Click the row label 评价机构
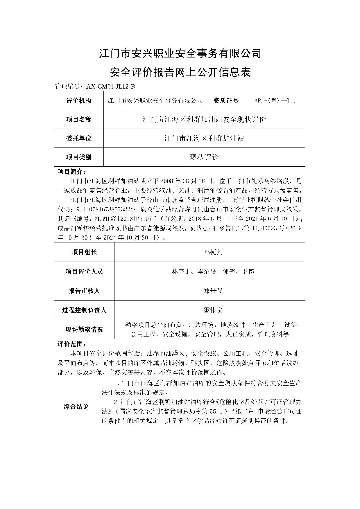tap(79, 101)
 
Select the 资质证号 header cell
tap(226, 101)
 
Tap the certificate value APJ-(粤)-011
tap(275, 101)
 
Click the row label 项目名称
tap(79, 119)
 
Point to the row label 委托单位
tap(79, 138)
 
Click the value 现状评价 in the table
tap(204, 157)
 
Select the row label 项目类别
tap(79, 157)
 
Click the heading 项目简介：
tap(71, 171)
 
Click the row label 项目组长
tap(84, 252)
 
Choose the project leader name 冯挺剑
tap(213, 252)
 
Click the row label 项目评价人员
tap(84, 271)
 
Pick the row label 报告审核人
tap(84, 291)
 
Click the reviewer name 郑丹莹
tap(213, 291)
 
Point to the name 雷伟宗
tap(213, 310)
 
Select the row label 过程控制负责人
tap(84, 310)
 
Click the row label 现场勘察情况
tap(84, 330)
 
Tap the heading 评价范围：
tap(71, 344)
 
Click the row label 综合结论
tap(76, 407)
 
